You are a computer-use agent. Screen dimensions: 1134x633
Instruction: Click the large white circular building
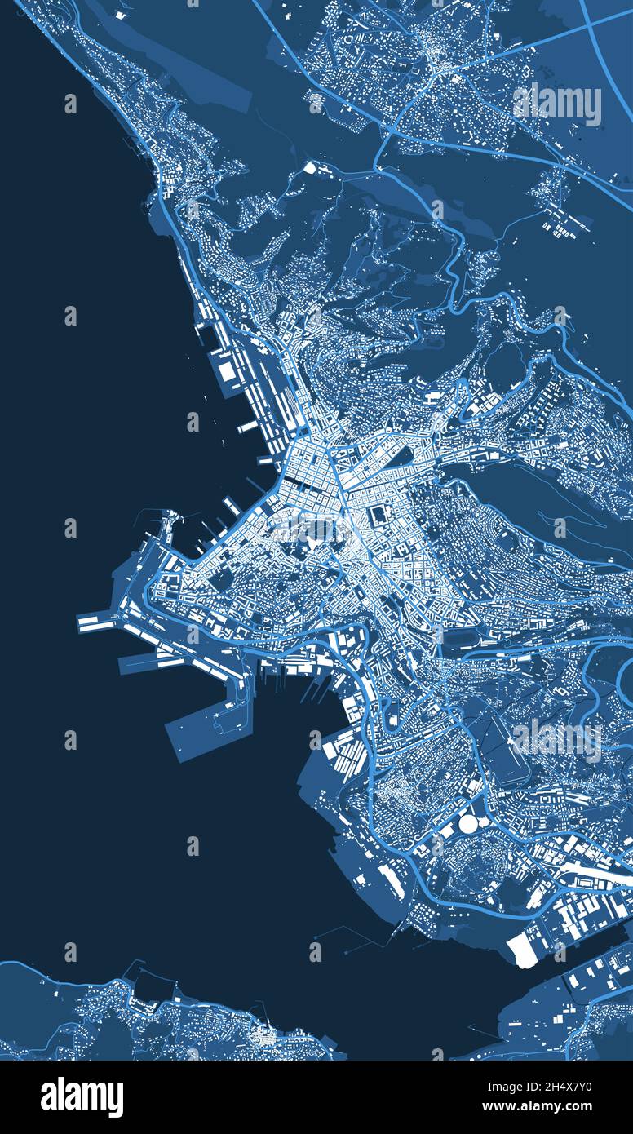click(x=468, y=824)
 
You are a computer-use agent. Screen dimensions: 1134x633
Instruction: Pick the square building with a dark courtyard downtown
click(x=380, y=516)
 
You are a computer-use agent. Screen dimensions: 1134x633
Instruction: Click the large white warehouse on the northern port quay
click(x=226, y=372)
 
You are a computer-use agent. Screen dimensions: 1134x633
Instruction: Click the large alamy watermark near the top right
click(x=557, y=104)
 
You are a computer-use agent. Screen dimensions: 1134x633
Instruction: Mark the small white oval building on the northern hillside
click(x=310, y=167)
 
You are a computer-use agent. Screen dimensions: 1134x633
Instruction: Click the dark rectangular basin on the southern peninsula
click(x=148, y=989)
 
